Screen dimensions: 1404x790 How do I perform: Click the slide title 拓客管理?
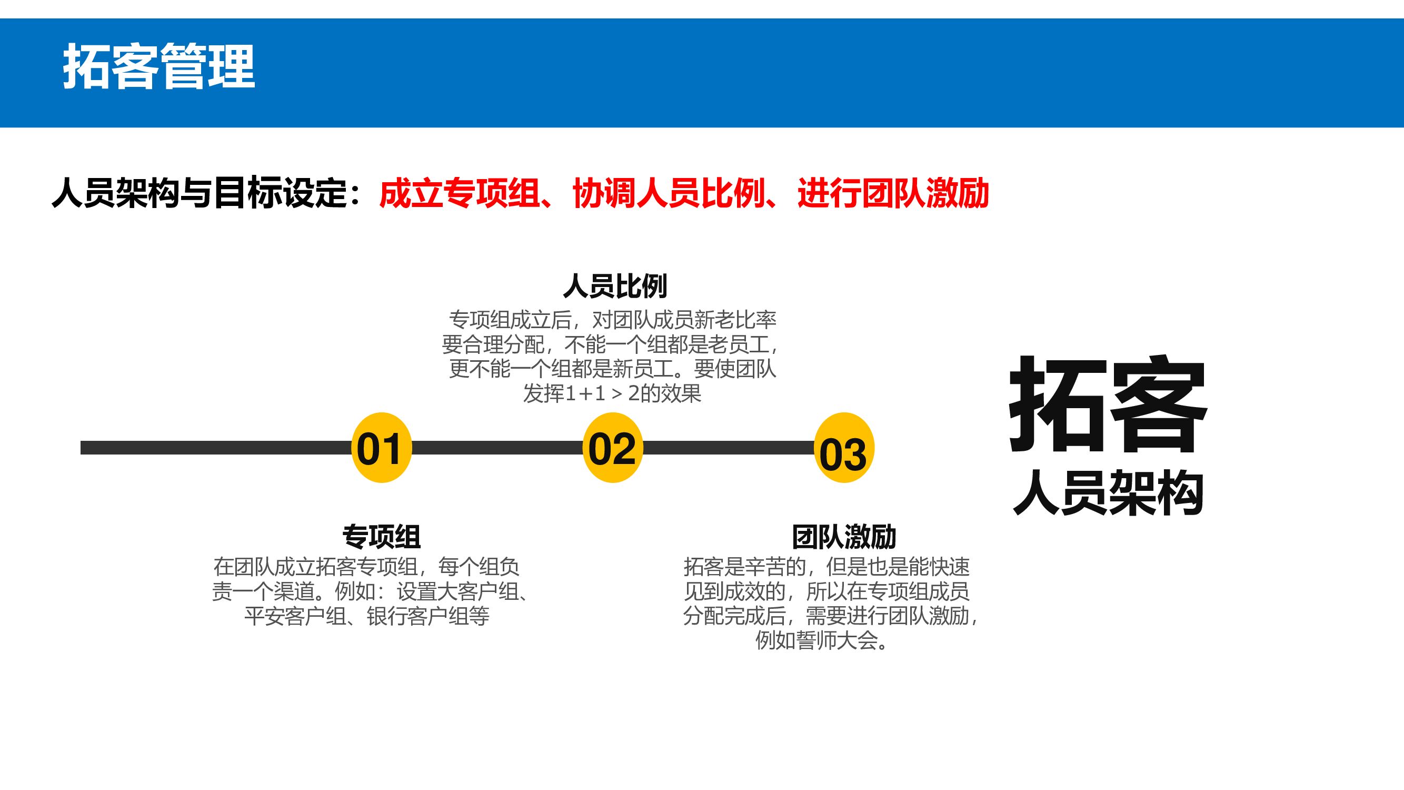click(158, 67)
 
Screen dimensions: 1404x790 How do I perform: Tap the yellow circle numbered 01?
click(381, 448)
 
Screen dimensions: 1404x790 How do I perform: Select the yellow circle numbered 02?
click(613, 448)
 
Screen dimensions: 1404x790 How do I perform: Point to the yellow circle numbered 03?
click(844, 448)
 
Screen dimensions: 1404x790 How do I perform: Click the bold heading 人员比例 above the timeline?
click(615, 285)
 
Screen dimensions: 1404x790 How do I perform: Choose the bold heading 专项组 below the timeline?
click(382, 537)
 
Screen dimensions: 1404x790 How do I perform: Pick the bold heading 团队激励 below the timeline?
click(844, 537)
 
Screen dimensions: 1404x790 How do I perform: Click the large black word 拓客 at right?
click(1108, 404)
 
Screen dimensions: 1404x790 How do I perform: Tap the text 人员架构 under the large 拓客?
click(1108, 494)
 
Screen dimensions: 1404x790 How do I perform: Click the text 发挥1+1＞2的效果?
click(612, 393)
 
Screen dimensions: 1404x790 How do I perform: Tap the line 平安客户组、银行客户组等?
click(366, 616)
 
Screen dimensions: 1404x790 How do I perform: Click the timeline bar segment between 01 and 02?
click(497, 448)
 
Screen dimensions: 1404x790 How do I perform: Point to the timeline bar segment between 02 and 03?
click(728, 448)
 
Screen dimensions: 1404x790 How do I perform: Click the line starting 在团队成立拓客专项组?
click(366, 567)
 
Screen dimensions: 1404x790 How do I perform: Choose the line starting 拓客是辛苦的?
click(827, 567)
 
